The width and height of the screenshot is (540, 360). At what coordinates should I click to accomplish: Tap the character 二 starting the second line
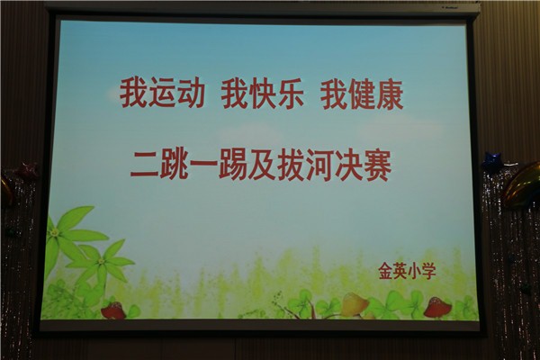[145, 165]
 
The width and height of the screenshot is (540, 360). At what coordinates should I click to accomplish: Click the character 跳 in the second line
[175, 165]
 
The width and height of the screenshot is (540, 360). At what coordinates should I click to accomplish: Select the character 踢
[233, 166]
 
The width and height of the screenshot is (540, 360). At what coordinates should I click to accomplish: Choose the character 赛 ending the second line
[377, 167]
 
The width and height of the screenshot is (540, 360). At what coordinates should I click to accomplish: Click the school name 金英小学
[408, 271]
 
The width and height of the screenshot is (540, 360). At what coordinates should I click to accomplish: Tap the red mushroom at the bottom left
[114, 310]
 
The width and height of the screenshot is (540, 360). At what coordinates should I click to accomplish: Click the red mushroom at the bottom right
[437, 307]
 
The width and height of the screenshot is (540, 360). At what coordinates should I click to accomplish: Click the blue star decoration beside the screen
[493, 162]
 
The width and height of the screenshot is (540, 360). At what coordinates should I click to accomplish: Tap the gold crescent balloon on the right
[522, 186]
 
